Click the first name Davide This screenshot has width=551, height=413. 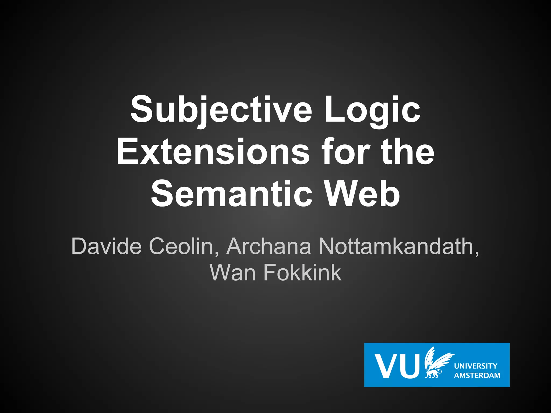pyautogui.click(x=106, y=246)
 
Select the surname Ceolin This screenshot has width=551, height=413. pyautogui.click(x=181, y=246)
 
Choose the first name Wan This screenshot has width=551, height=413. pyautogui.click(x=232, y=273)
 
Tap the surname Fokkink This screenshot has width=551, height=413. pyautogui.click(x=302, y=273)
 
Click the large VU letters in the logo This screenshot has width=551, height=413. pyautogui.click(x=397, y=366)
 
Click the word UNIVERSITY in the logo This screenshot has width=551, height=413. pyautogui.click(x=476, y=366)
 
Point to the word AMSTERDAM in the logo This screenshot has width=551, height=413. pyautogui.click(x=477, y=375)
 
